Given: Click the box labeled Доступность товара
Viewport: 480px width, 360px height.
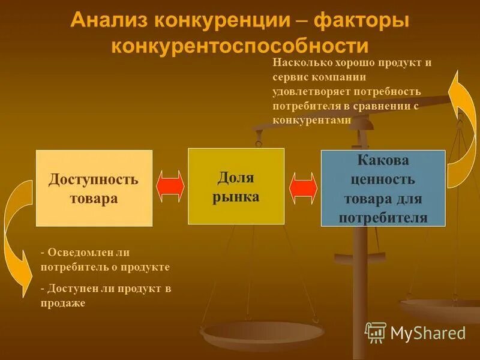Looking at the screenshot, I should (x=94, y=188).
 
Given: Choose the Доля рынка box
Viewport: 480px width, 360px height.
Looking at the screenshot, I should (x=236, y=186).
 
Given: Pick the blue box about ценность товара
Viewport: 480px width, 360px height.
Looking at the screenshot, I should (x=383, y=188).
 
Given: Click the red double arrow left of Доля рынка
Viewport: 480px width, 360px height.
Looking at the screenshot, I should (x=170, y=186).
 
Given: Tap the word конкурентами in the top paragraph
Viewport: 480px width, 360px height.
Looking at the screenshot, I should (x=311, y=120).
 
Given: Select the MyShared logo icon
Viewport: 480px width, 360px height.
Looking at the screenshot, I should (x=376, y=332).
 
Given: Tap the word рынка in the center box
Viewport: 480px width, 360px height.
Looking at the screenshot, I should (x=236, y=197).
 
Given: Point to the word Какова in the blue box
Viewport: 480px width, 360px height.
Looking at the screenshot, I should (x=383, y=161).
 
